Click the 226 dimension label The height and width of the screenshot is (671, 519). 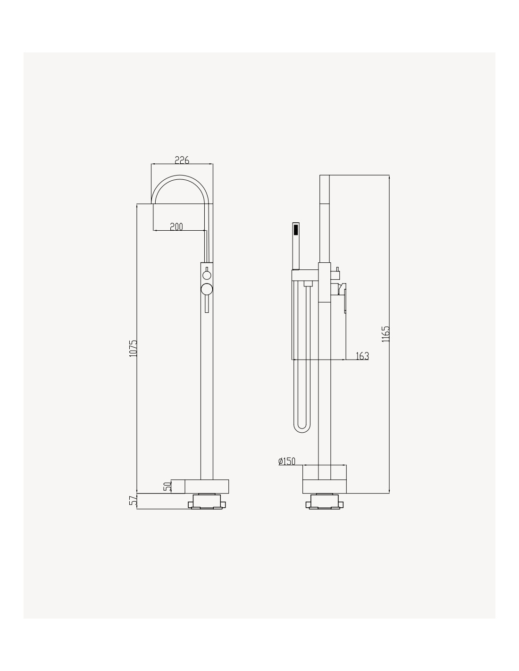pyautogui.click(x=182, y=160)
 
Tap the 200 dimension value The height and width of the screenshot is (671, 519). pyautogui.click(x=176, y=226)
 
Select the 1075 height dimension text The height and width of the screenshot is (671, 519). pyautogui.click(x=133, y=349)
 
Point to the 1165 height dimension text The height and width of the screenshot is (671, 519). pyautogui.click(x=385, y=334)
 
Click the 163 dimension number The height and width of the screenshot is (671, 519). pyautogui.click(x=362, y=356)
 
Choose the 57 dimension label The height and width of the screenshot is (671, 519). pyautogui.click(x=133, y=501)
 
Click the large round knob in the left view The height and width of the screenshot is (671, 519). pyautogui.click(x=207, y=289)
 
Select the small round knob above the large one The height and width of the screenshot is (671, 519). pyautogui.click(x=207, y=275)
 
